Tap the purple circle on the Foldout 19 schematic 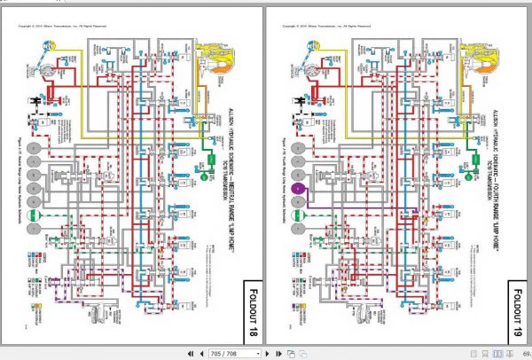coord(299,188)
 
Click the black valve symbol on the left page coord(38,100)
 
